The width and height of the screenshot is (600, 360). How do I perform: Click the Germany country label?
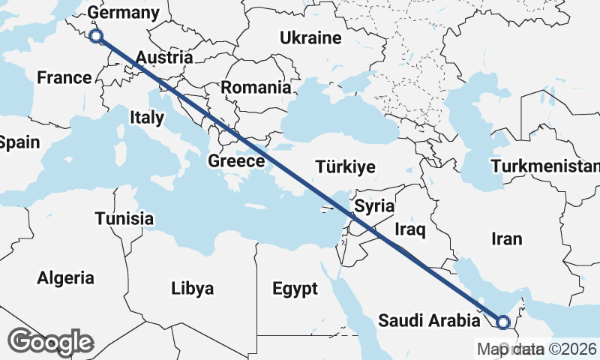pos(123,13)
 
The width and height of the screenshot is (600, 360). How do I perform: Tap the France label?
pos(64,77)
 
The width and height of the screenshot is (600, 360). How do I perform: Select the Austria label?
pos(164,57)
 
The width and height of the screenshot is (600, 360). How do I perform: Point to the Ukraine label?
pos(310,37)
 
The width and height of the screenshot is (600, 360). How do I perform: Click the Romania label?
pos(255,87)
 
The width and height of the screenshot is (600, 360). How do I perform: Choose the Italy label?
pos(146,117)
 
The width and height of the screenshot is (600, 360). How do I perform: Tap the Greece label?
pos(236,160)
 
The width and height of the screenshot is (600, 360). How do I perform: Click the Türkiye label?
pos(345,166)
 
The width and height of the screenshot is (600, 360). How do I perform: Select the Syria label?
pos(374,205)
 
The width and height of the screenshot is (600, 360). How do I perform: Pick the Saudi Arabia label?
pos(428,321)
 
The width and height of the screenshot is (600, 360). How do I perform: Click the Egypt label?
pos(295,288)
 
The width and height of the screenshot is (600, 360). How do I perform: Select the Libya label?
pos(192,288)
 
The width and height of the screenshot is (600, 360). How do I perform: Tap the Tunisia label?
pos(124,219)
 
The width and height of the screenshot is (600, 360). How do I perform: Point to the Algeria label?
pos(66,278)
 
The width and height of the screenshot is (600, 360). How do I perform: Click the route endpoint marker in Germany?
pos(95,36)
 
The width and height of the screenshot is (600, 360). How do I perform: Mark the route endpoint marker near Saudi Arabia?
pos(502,322)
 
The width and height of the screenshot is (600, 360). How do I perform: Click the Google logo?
pos(50,342)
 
